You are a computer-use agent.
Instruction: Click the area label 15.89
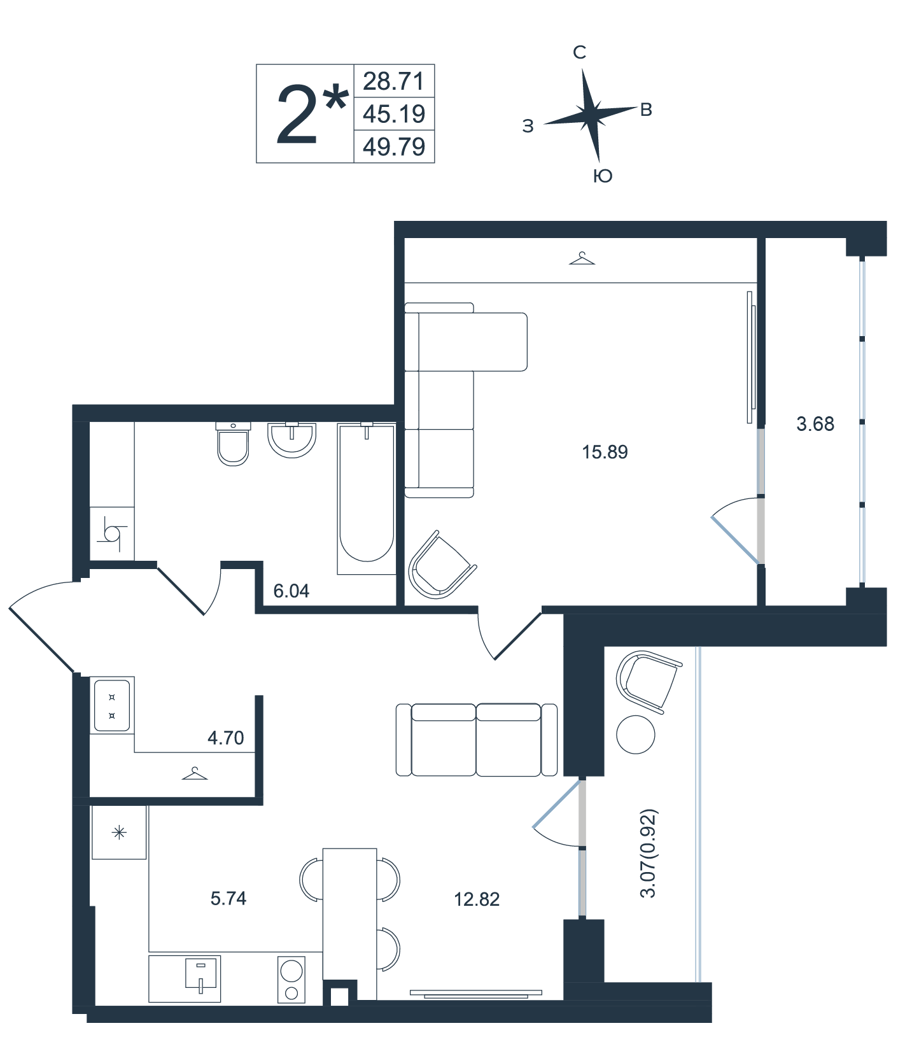click(x=605, y=452)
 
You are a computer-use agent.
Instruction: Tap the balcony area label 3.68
click(x=815, y=424)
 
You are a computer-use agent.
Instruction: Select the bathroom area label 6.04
click(x=291, y=591)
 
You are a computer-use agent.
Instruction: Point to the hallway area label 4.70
click(x=226, y=738)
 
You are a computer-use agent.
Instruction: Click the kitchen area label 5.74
click(x=228, y=898)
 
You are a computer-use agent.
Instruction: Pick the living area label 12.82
click(x=477, y=899)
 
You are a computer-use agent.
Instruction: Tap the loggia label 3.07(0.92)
click(x=648, y=853)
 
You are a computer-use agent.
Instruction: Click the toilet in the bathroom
click(x=233, y=444)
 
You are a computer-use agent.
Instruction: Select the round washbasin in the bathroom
click(x=291, y=439)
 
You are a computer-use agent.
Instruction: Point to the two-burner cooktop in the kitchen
click(x=291, y=979)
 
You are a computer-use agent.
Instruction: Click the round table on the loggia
click(x=636, y=735)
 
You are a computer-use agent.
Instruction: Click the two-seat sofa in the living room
click(x=477, y=740)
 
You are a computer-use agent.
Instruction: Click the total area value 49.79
click(x=394, y=147)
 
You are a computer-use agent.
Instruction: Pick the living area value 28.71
click(x=394, y=81)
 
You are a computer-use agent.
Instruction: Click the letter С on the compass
click(x=579, y=52)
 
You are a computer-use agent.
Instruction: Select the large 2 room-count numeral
click(x=297, y=115)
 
